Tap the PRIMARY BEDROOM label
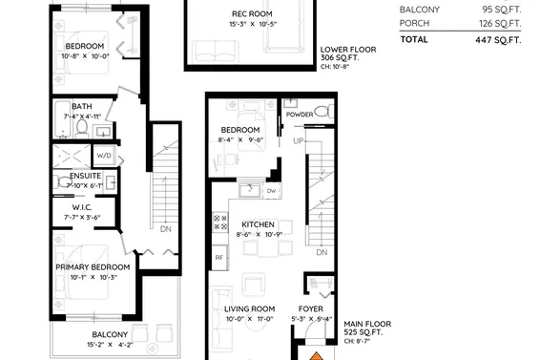point(92,266)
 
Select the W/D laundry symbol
point(105,155)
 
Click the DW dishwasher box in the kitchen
point(271,191)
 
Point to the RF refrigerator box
point(218,258)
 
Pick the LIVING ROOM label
point(249,308)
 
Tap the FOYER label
point(311,308)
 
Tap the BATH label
point(81,106)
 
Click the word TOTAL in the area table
point(414,40)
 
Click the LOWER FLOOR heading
point(347,48)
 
